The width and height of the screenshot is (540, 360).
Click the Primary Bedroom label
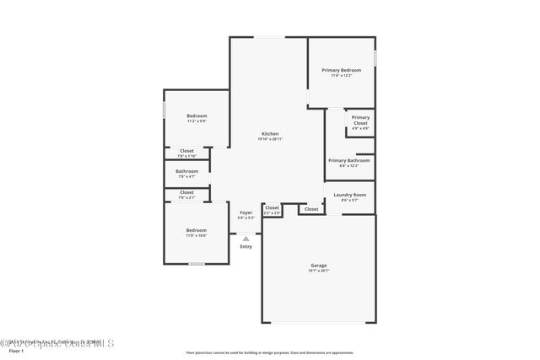coord(341,70)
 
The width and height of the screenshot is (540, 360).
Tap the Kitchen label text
coord(270,134)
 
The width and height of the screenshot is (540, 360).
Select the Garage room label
coord(318,266)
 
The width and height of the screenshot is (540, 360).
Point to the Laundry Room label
coord(349,195)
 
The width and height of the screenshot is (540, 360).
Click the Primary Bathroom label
coord(348,160)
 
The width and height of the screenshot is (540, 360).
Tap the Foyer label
coord(246,212)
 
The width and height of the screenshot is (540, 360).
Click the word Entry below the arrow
coord(246,246)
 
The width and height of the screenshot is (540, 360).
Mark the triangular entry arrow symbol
coord(246,239)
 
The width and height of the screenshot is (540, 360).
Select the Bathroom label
coord(186,171)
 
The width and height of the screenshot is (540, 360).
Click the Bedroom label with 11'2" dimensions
coord(197,116)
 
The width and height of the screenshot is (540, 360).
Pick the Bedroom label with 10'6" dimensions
coord(197,230)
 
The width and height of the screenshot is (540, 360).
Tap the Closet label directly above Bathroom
coord(186,151)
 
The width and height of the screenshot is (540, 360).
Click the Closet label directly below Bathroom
coord(186,192)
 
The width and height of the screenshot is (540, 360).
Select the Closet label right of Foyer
coord(272,207)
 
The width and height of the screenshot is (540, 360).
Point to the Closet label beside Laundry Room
coord(311,208)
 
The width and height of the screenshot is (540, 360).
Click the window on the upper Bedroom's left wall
coord(164,110)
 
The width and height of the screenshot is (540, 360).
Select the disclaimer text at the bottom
coord(269,352)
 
